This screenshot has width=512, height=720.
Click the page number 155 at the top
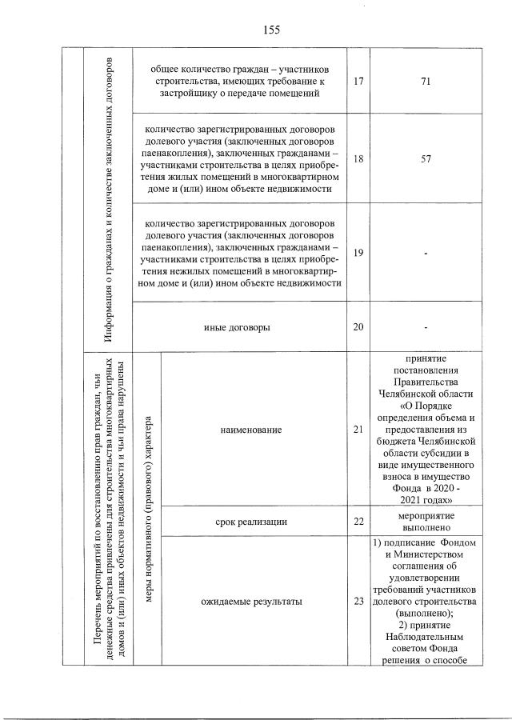tap(270, 30)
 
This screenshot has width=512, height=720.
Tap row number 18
tap(358, 158)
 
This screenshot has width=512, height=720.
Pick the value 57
tap(426, 158)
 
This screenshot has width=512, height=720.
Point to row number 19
tap(358, 253)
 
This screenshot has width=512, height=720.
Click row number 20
tap(358, 327)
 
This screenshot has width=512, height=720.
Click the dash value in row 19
tap(426, 254)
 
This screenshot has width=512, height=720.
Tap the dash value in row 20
tap(426, 328)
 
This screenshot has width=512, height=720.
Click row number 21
tap(358, 430)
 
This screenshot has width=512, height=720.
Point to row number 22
tap(358, 522)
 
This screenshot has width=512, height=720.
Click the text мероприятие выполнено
tap(426, 522)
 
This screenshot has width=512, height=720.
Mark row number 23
tap(358, 602)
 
